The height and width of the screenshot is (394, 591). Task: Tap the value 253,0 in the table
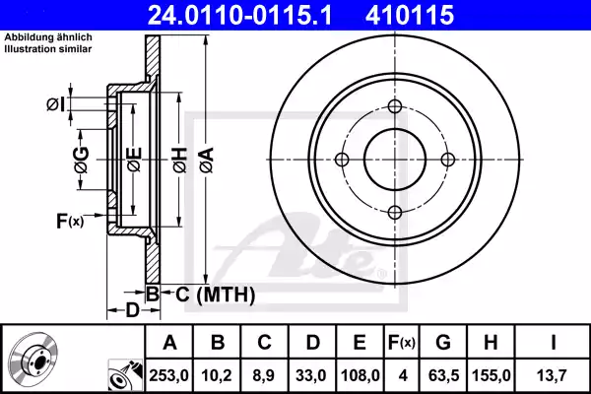coord(169,374)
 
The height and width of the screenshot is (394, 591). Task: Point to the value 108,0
coord(360,374)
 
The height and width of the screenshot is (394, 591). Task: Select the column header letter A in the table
coord(169,343)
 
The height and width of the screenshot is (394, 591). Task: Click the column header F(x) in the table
coord(401,343)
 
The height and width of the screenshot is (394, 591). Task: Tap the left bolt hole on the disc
coord(343,161)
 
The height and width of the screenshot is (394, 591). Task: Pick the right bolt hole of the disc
coord(447,160)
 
